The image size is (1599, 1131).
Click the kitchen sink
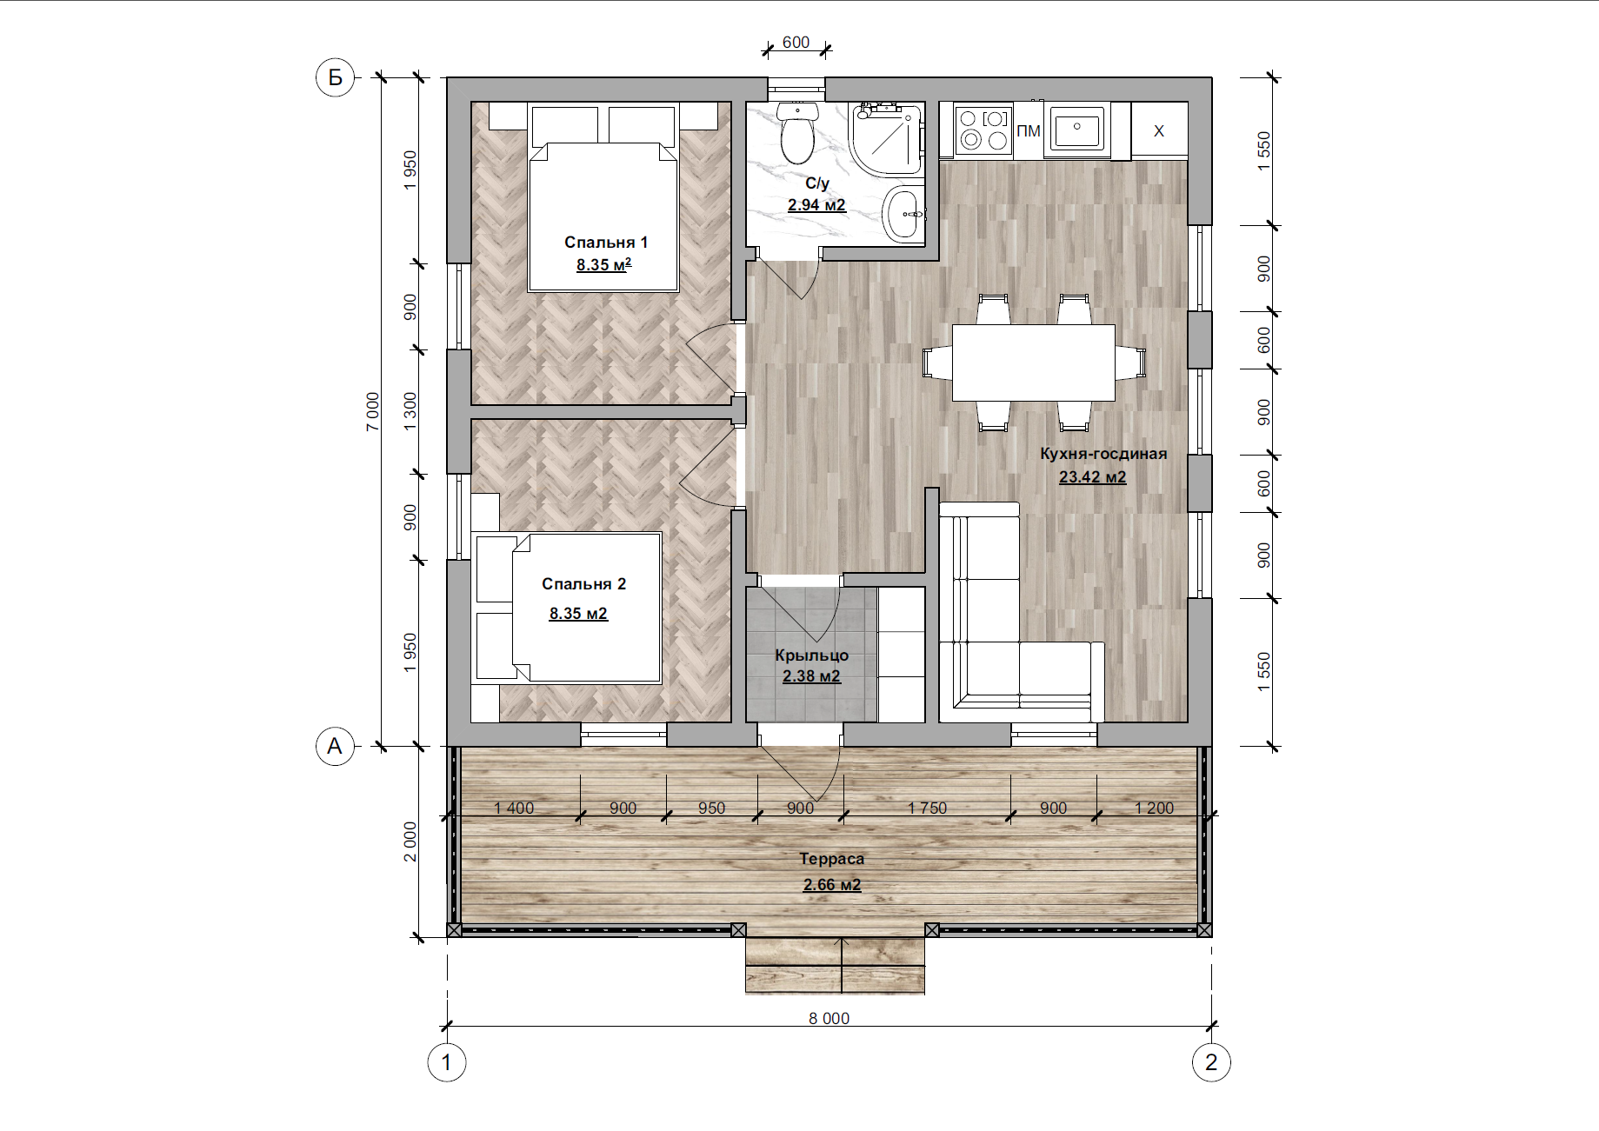(1076, 130)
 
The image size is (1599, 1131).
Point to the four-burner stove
(983, 130)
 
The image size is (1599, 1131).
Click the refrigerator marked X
(1159, 130)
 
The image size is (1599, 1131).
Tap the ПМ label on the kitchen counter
(1029, 131)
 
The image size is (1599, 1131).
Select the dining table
(1034, 363)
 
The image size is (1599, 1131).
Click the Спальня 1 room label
(606, 243)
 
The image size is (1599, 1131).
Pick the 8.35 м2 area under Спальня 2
(578, 614)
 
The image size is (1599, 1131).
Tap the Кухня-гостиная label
(1103, 454)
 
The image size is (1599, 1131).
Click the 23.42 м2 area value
(1092, 477)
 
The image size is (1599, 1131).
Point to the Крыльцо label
(811, 655)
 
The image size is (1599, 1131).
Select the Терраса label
(832, 859)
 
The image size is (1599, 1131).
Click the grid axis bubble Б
(335, 77)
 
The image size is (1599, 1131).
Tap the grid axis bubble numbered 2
(1211, 1062)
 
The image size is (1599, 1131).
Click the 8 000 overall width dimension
(829, 1018)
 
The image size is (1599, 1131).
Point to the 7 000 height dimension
(372, 411)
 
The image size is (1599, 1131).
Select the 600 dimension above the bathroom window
(796, 42)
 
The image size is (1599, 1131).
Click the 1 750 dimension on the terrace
(927, 808)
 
